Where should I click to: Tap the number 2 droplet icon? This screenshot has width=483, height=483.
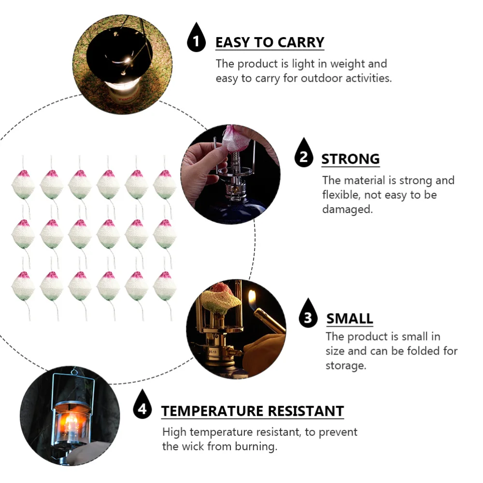click(x=304, y=155)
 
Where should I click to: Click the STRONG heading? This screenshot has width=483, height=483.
click(x=350, y=159)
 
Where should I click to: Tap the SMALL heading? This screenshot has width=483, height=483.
click(x=350, y=319)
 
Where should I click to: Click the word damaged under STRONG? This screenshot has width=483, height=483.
click(x=347, y=210)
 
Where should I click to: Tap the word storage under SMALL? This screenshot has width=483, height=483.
click(x=345, y=365)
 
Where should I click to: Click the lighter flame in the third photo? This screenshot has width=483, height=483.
click(x=252, y=296)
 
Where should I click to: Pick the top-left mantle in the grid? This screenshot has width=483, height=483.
click(x=23, y=185)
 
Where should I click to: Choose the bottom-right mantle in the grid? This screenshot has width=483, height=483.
click(x=165, y=286)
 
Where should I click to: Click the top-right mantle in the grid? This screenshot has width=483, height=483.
click(x=165, y=185)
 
